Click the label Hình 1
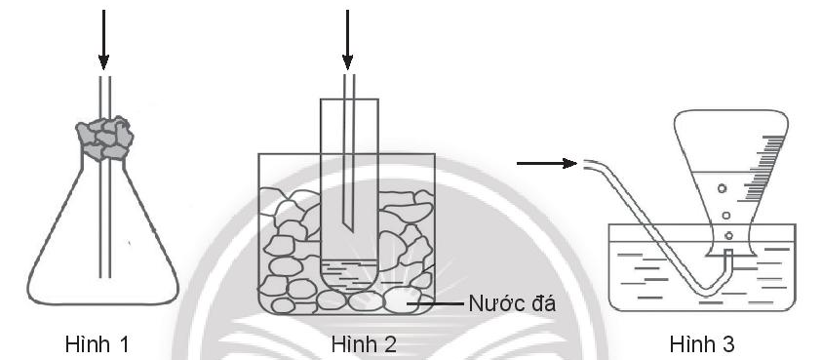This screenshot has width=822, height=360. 98,343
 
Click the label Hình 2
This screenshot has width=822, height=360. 364,343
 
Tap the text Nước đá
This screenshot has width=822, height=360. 512,303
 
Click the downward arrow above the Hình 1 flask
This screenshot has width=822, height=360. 103,39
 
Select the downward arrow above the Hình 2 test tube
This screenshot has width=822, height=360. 346,39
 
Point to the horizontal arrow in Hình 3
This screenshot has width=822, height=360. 546,163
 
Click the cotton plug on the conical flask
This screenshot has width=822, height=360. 103,138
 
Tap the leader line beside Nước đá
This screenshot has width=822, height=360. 438,303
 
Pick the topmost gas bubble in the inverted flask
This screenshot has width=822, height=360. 721,188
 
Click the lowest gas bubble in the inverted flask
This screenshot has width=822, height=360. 728,235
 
